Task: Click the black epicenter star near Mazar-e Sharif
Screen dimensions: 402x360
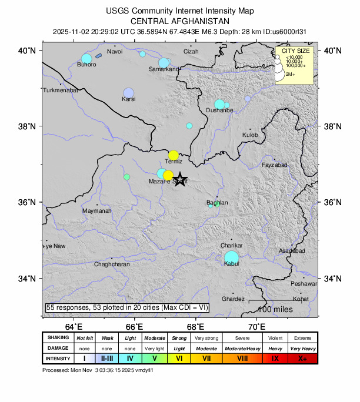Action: coord(181,180)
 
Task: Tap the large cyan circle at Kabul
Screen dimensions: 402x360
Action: coord(232,257)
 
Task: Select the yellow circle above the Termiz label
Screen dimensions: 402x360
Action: coord(174,155)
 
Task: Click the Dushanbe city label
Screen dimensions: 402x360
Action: coord(220,110)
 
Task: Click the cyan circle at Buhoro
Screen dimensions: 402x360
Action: coord(86,59)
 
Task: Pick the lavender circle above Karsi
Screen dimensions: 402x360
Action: coord(129,93)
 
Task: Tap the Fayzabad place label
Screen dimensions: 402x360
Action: coord(275,165)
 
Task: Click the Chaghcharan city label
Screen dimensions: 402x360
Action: coord(112,265)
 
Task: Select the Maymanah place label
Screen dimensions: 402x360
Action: coord(96,210)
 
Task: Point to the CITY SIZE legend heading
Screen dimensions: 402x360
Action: coord(296,51)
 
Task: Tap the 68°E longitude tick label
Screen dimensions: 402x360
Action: coord(196,327)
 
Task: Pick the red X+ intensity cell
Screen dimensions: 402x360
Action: coord(302,358)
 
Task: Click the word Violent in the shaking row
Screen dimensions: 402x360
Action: coord(275,338)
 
